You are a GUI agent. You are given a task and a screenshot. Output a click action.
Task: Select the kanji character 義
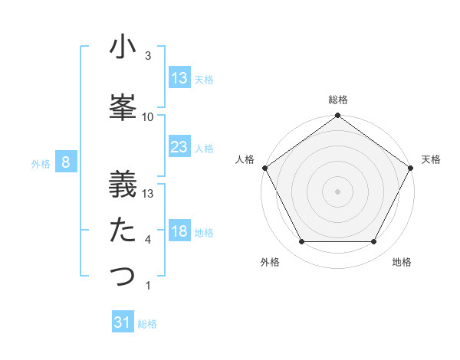tap(123, 183)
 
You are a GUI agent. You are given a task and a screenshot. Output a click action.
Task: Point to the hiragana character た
tap(123, 230)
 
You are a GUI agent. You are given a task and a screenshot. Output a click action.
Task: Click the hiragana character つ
tap(123, 276)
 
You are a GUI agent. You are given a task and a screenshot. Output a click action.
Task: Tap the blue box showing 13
tap(179, 78)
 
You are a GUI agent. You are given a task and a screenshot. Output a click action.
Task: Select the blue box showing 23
tap(179, 147)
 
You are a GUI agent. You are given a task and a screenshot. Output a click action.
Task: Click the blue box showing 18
tap(179, 232)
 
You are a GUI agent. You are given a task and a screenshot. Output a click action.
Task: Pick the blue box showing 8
tap(66, 162)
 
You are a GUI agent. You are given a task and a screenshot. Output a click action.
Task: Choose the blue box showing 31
tap(123, 322)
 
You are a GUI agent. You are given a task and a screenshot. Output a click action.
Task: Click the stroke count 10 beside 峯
tap(148, 116)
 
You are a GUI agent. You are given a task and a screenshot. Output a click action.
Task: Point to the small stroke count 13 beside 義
tap(148, 193)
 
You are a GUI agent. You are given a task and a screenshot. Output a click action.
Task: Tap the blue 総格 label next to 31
tap(147, 324)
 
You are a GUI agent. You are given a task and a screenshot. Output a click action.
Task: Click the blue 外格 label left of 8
tap(41, 163)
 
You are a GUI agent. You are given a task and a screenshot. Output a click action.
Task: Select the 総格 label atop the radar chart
tap(338, 100)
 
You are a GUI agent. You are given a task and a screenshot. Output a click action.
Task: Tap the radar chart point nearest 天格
tap(412, 167)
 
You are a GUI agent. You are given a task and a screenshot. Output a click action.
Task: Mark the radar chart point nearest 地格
tap(374, 242)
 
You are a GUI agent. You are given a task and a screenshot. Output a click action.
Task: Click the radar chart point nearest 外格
tap(301, 242)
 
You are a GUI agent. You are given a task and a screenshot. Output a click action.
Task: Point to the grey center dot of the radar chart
tap(337, 191)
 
